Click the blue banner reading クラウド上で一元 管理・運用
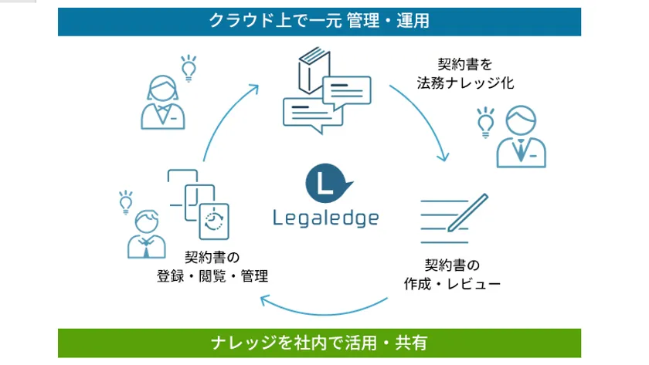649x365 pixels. point(319,22)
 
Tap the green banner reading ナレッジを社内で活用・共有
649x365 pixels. point(319,343)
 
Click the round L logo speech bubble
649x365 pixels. point(328,183)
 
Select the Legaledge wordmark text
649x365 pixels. point(326,218)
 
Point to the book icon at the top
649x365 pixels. point(314,70)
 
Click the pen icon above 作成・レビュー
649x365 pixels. point(468,212)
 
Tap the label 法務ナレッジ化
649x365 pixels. point(465,83)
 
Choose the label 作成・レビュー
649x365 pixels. point(452,283)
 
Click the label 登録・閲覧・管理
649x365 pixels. point(212,275)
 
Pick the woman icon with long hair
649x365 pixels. point(163,102)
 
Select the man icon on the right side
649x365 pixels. point(521,137)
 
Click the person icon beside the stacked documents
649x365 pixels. point(147,235)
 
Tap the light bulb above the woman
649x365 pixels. point(189,68)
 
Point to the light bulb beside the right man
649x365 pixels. point(485,123)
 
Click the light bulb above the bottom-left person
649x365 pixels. point(126,202)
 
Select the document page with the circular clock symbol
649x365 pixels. point(214,221)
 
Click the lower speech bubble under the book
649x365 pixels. point(313,115)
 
